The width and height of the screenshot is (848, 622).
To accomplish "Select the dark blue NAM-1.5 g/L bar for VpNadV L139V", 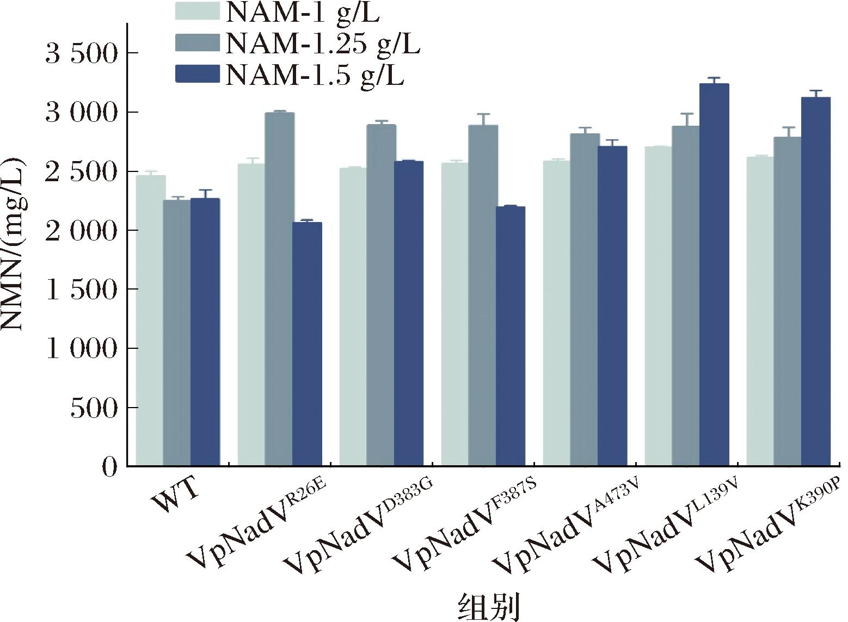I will click(714, 275).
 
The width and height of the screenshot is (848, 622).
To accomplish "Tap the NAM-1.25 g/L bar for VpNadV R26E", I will click(279, 289).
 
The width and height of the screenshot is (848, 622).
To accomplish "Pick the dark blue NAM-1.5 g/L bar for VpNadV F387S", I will click(511, 336).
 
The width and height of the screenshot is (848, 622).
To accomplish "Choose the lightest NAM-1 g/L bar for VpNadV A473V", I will click(556, 313).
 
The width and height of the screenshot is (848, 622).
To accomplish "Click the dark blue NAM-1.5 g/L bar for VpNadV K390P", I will click(816, 281).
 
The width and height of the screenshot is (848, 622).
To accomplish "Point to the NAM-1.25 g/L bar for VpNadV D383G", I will click(381, 295).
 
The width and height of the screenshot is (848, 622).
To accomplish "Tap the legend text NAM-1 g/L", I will click(303, 12).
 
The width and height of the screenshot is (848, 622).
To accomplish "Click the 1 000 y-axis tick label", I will click(82, 349).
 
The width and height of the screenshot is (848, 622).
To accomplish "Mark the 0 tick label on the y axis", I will click(109, 467).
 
